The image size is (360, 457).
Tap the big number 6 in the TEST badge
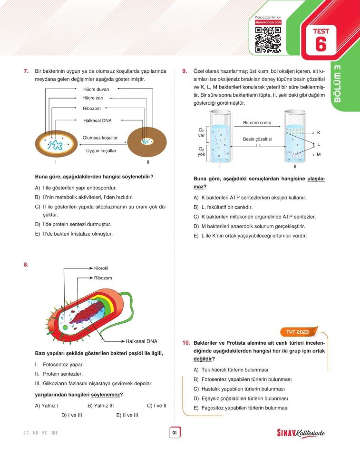click(321, 44)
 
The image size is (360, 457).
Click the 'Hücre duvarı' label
click(96, 89)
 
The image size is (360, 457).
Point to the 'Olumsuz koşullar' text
click(100, 138)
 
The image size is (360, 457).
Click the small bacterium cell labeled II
click(148, 141)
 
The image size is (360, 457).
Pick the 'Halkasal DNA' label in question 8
click(141, 341)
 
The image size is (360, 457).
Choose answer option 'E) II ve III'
click(127, 415)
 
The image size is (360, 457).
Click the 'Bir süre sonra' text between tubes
click(257, 122)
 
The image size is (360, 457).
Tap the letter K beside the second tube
click(319, 132)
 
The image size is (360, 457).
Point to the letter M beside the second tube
click(319, 154)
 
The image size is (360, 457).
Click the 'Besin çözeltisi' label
click(257, 139)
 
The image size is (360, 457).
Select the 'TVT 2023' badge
click(298, 331)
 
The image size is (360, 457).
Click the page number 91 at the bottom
click(175, 433)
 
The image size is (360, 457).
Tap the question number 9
click(185, 71)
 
